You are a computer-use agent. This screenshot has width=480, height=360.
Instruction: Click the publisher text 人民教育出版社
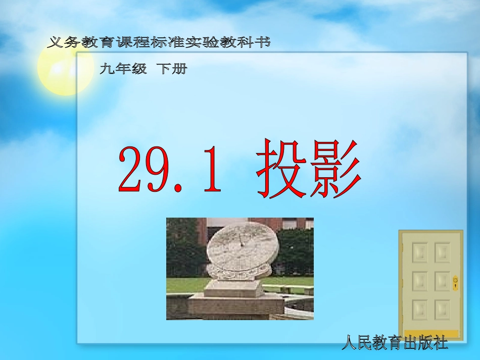point(395,344)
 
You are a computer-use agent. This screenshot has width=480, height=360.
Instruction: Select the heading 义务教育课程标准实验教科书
point(159,42)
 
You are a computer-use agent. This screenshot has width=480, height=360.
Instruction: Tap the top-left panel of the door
point(419,252)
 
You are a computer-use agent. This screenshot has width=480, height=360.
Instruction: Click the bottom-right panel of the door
point(442,310)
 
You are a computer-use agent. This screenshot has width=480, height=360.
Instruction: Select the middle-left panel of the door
point(419,281)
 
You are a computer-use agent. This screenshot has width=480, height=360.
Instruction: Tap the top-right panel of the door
point(442,252)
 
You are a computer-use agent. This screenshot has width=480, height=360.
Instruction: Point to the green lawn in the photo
point(291,283)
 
